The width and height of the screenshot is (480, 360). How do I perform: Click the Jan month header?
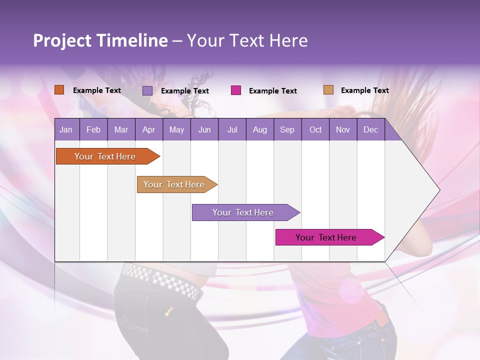[66, 130]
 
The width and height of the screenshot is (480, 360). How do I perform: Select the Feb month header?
[93, 130]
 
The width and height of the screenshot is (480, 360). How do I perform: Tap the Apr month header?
[148, 130]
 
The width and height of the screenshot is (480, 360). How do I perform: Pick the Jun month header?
[204, 130]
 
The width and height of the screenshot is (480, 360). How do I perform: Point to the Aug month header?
[259, 130]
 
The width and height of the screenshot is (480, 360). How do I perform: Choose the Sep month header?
[287, 130]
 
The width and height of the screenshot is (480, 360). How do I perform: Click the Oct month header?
[315, 130]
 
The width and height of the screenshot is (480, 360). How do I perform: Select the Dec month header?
[370, 130]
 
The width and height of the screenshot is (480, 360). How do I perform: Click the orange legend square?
[59, 90]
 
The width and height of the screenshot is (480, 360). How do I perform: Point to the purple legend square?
[147, 90]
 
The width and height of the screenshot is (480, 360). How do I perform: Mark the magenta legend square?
[236, 90]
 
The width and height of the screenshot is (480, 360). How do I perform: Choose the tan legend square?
[328, 90]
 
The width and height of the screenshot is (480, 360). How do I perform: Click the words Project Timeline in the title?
[100, 40]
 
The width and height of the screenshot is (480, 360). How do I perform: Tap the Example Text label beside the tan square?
[364, 90]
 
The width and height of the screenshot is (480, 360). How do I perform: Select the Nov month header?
[343, 130]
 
